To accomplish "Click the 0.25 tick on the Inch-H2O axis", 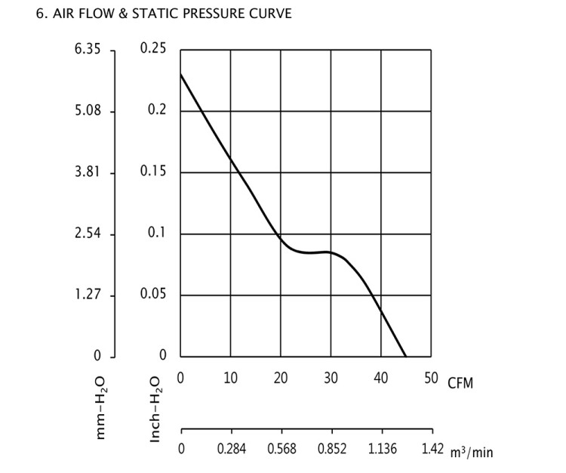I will (x=153, y=50).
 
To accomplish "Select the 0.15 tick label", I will (x=153, y=172).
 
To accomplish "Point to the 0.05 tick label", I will (x=153, y=295).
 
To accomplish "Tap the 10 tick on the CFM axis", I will (x=230, y=378).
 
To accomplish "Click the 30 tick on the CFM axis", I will (x=331, y=378).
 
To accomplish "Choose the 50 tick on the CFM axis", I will (x=431, y=378).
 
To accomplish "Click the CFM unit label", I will (x=460, y=383).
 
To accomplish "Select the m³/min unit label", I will (x=472, y=453).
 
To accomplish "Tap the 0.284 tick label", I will (x=230, y=450).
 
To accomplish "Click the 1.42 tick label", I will (x=432, y=450).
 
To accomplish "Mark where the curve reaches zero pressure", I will (x=406, y=356).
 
